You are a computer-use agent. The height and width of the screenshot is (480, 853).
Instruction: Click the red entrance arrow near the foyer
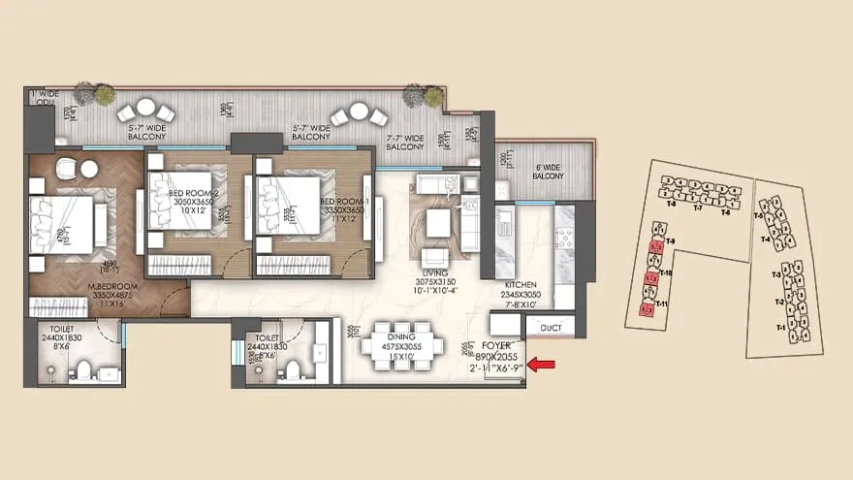(540, 365)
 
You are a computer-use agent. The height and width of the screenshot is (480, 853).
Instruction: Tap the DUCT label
(552, 328)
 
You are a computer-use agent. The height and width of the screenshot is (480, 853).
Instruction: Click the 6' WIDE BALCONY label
(550, 171)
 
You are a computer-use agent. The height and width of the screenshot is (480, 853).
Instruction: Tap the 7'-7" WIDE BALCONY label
(404, 140)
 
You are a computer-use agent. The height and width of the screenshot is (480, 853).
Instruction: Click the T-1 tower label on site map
(781, 329)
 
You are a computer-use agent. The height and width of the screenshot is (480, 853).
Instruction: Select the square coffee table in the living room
(438, 223)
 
